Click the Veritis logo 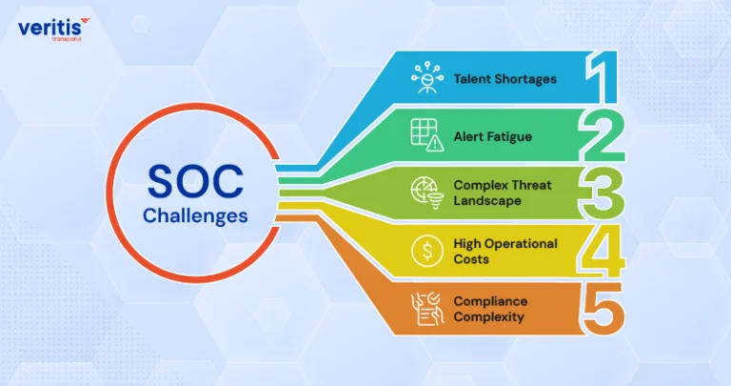click(53, 29)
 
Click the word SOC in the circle click(195, 181)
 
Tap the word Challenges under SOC click(195, 216)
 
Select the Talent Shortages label click(504, 79)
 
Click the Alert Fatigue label click(493, 136)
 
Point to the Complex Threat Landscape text click(503, 193)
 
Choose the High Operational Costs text click(505, 251)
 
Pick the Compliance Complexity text click(490, 309)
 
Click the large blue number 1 click(602, 77)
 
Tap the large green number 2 click(602, 135)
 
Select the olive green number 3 click(602, 193)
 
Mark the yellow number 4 click(601, 251)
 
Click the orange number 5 click(603, 309)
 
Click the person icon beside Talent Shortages click(427, 77)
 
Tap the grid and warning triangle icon click(427, 135)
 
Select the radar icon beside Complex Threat click(427, 193)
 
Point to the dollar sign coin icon click(427, 251)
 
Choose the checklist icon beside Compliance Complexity click(427, 309)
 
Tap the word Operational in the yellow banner click(522, 245)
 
